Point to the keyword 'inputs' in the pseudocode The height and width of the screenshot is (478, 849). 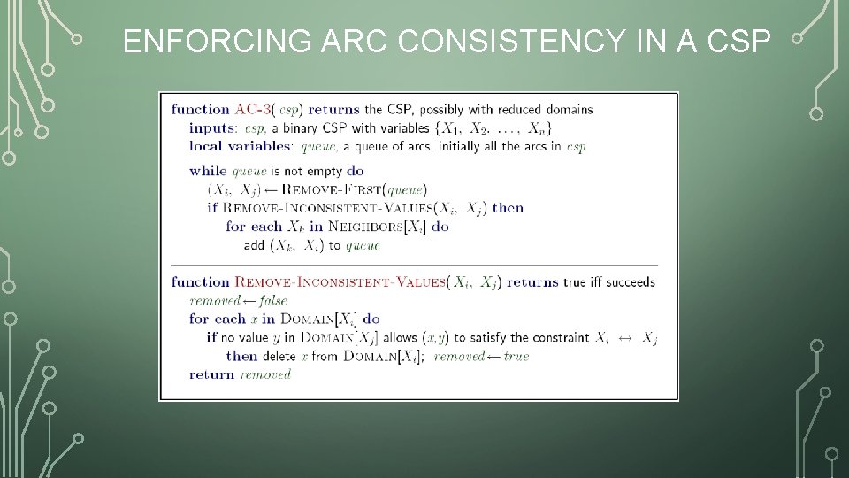point(211,127)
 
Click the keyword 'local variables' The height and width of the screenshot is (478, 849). point(238,146)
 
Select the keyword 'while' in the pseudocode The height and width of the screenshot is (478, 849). point(209,171)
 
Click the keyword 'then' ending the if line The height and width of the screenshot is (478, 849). point(508,208)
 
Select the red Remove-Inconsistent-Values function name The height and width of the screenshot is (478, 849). point(340,282)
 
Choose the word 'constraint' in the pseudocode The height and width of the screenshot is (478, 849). point(560,337)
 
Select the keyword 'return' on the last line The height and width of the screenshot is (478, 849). point(211,374)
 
